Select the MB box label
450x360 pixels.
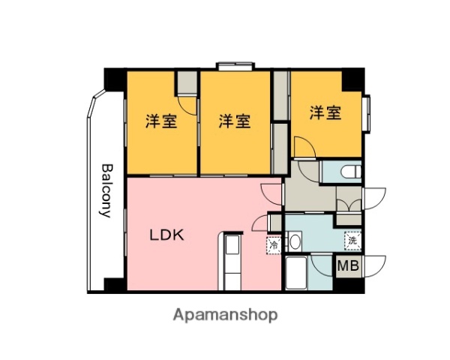pos(348,265)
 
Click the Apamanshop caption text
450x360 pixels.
pos(226,315)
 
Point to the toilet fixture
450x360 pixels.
pos(349,172)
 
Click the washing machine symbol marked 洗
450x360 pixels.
pos(352,241)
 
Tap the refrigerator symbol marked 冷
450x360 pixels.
pos(274,244)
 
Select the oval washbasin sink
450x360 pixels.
pos(295,242)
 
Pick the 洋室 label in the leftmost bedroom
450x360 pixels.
pos(161,121)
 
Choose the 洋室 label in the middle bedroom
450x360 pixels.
pos(234,121)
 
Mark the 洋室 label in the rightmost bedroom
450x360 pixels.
pos(325,114)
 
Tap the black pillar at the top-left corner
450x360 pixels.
pos(114,77)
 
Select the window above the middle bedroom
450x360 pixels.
pos(234,66)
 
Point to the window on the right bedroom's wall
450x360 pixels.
pos(367,113)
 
